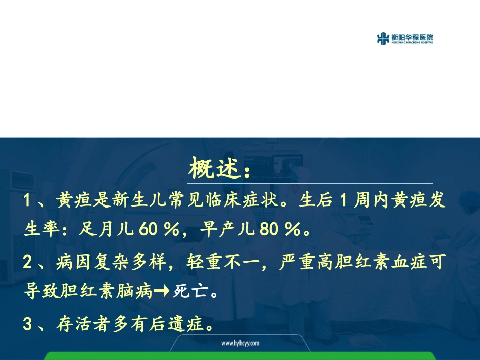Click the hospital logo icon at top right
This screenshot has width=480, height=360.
383,39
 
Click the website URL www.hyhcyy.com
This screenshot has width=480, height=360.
240,343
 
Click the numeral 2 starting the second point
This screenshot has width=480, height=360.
28,262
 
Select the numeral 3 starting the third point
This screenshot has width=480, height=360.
28,324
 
